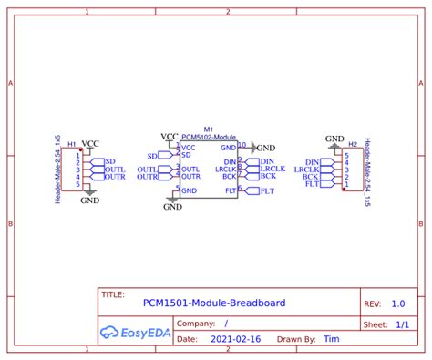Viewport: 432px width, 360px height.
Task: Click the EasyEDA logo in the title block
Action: [x=134, y=331]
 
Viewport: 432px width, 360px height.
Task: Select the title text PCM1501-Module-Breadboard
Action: [x=214, y=303]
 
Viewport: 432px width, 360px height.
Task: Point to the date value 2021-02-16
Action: [x=235, y=338]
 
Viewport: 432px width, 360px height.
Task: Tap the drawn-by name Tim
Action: [x=332, y=338]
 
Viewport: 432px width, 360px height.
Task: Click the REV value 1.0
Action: [x=398, y=303]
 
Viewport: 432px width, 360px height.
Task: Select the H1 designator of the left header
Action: [x=72, y=144]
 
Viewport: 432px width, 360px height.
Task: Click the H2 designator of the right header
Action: [x=353, y=143]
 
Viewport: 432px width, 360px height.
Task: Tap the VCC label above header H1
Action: [x=90, y=143]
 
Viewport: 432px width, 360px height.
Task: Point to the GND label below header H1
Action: [x=89, y=201]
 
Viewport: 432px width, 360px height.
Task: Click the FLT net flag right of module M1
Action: [x=266, y=191]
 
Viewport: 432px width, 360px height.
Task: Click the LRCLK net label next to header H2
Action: [x=307, y=169]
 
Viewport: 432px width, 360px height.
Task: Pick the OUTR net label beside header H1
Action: [x=115, y=177]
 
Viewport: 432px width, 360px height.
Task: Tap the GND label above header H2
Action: [x=334, y=138]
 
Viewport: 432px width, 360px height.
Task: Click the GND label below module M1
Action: [x=172, y=207]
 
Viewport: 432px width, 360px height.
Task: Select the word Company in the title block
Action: [x=195, y=323]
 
